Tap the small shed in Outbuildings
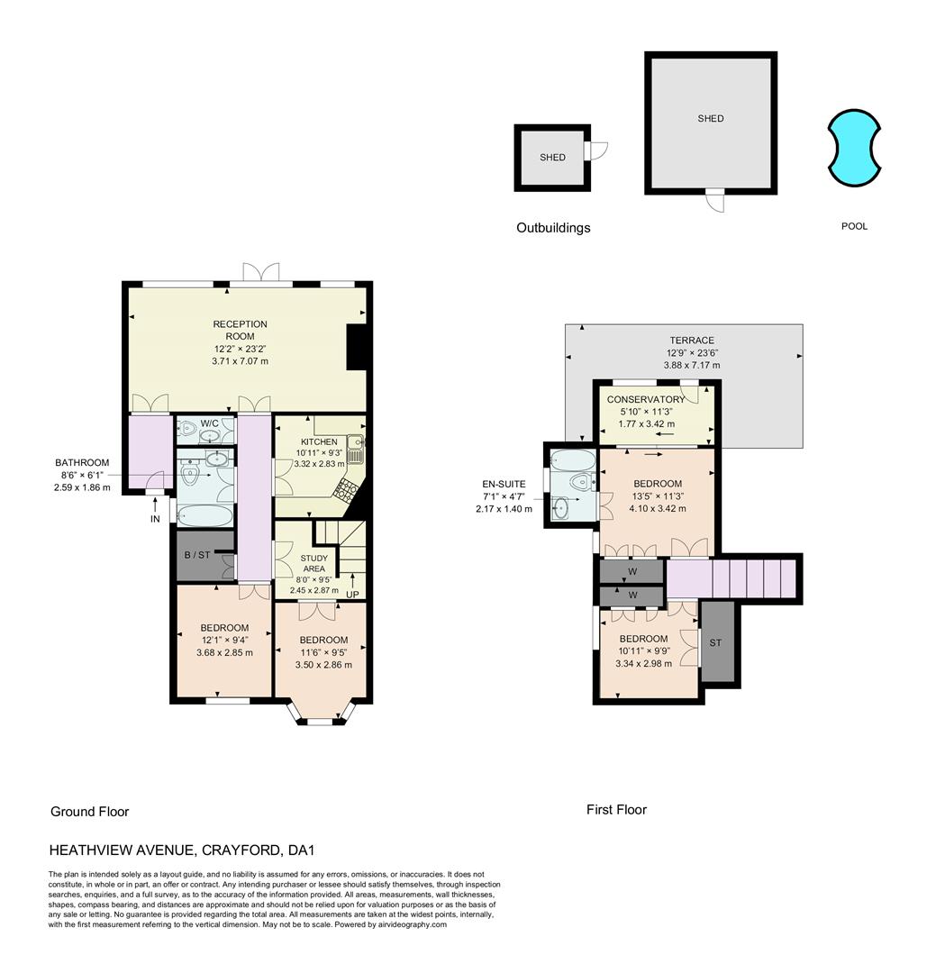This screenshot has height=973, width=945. pos(551,158)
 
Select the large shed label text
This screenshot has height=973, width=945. pos(710,118)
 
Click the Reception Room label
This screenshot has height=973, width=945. pos(240,330)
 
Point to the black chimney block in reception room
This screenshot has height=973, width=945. pos(357,348)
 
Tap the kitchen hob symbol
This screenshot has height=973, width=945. pos(344,487)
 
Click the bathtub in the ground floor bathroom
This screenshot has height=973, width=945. pos(204,516)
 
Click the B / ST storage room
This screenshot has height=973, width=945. pos(197,555)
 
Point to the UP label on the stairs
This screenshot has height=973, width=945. pos(352,594)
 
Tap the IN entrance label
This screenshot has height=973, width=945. pos(155,520)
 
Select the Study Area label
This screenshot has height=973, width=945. pos(313,563)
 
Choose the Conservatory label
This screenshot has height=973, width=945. pos(646,399)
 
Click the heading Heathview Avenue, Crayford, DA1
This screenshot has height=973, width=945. pos(181,850)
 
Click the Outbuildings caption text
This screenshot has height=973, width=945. pos(553,228)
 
